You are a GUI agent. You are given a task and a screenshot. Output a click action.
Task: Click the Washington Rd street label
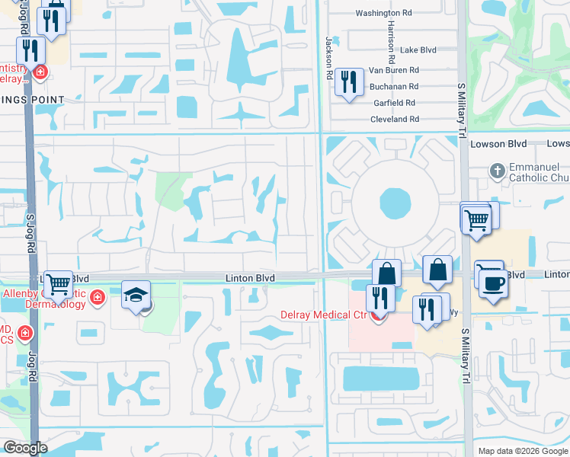(x=383, y=13)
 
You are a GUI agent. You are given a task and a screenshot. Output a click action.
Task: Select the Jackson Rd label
(x=331, y=58)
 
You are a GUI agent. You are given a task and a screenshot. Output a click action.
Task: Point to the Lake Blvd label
(x=418, y=50)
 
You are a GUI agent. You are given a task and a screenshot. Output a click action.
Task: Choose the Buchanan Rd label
(x=394, y=87)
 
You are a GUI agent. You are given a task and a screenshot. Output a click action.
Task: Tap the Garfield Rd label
(x=394, y=103)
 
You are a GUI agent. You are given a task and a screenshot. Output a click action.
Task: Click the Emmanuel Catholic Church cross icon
(x=497, y=171)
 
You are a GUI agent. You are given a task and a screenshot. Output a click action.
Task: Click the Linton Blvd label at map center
(x=249, y=279)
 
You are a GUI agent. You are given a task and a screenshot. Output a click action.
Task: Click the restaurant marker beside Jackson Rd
(x=349, y=81)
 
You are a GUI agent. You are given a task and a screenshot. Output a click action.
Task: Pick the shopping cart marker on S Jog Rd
(x=58, y=283)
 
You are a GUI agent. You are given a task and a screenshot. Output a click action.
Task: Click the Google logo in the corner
(x=25, y=447)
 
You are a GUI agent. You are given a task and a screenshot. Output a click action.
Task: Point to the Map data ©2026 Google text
(x=522, y=451)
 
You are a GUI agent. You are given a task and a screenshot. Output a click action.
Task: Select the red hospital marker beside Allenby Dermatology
(x=97, y=297)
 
